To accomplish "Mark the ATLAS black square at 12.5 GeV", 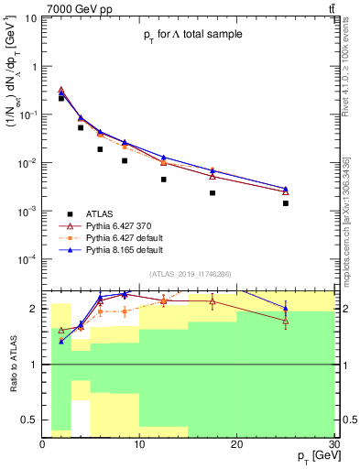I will (x=164, y=180).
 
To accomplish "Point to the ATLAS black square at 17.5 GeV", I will (x=213, y=193).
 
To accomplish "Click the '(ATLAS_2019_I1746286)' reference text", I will (x=191, y=273).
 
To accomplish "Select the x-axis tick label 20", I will (x=237, y=444).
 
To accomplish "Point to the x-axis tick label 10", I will (x=139, y=444).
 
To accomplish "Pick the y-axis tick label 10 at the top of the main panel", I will (x=30, y=17).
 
